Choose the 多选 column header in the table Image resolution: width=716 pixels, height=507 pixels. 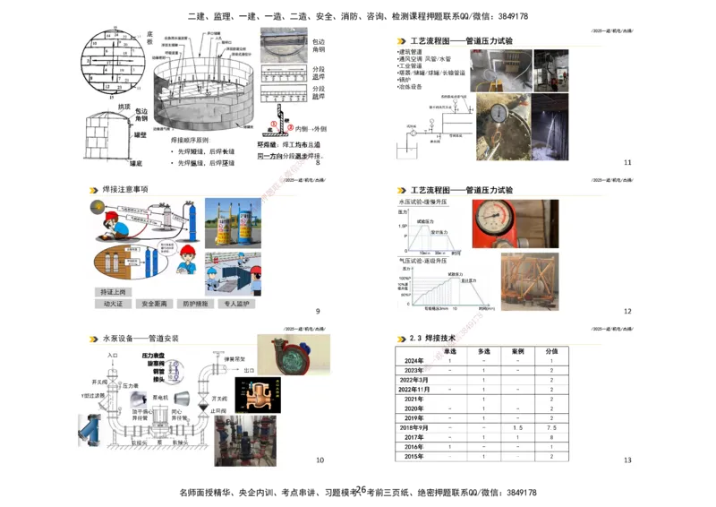pos(483,351)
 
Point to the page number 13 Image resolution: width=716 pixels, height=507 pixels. pos(627,460)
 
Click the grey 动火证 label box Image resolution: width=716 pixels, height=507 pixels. pos(114,304)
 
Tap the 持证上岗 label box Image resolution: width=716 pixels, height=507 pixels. pos(114,292)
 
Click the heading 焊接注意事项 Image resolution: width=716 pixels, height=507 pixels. pos(125,190)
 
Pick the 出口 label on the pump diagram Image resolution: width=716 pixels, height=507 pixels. pos(249,370)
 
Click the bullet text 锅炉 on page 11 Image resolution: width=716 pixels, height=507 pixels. pos(404,80)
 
